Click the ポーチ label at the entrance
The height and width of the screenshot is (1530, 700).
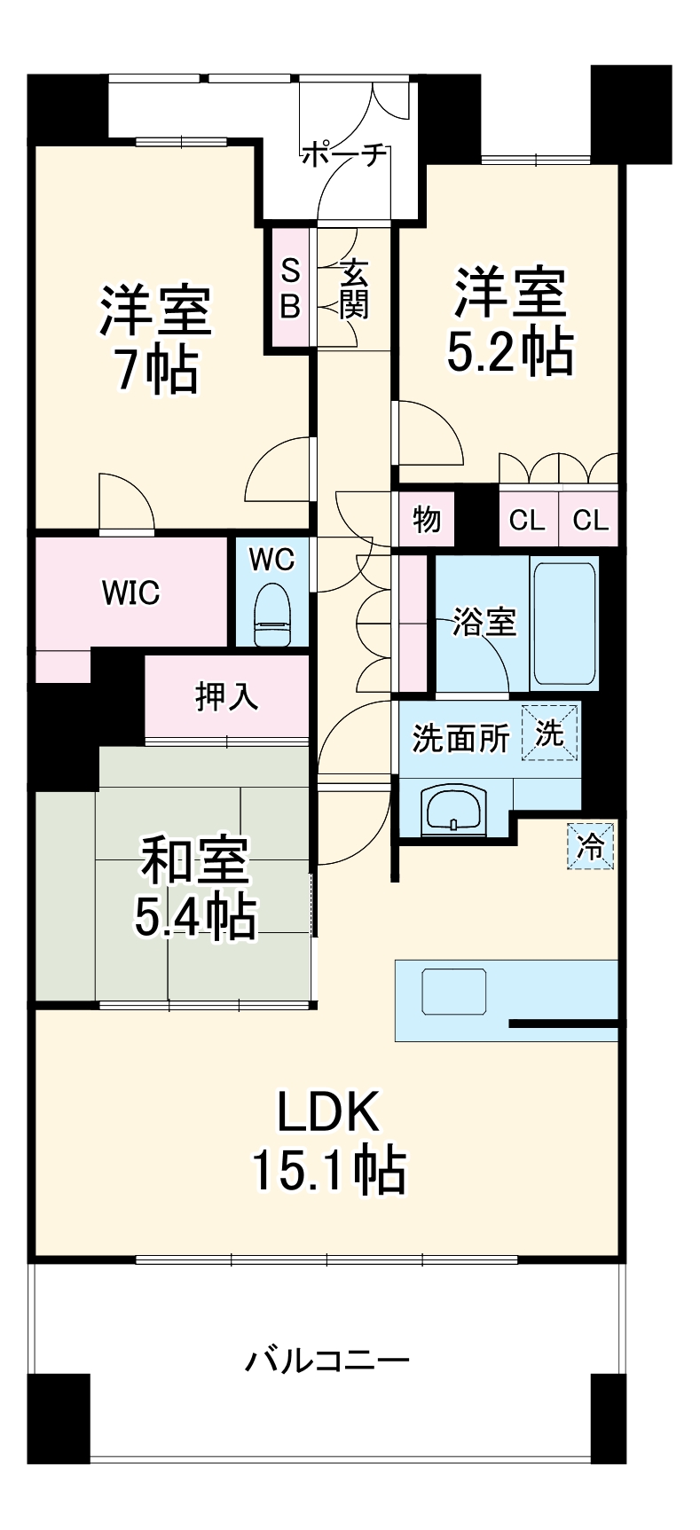(344, 155)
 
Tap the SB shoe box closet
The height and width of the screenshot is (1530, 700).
(290, 287)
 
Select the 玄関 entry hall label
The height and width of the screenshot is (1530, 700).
(353, 288)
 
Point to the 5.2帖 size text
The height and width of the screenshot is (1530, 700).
(508, 352)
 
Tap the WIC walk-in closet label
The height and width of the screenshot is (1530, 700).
(130, 592)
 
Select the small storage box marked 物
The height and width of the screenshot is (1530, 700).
(427, 519)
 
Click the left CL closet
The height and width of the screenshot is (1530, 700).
(527, 520)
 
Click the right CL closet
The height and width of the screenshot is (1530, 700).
(590, 520)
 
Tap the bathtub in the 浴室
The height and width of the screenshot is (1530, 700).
(563, 622)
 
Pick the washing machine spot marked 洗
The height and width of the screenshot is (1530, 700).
(549, 733)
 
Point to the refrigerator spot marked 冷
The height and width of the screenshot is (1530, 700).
(590, 847)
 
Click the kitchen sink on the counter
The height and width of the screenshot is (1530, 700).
(453, 992)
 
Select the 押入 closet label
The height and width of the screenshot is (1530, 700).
(227, 696)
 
